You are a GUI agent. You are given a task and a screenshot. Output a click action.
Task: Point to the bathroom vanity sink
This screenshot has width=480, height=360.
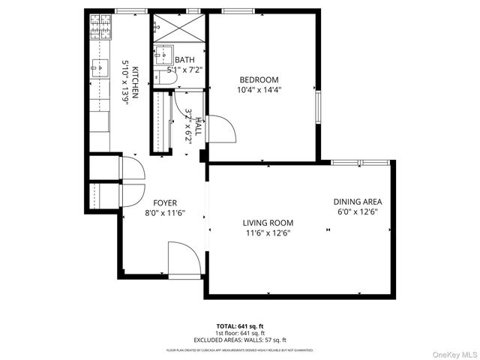(160, 55)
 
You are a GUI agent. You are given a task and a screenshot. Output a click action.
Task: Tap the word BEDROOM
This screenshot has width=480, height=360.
(259, 80)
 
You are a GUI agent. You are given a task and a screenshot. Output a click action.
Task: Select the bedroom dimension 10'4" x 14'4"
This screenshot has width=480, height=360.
(259, 90)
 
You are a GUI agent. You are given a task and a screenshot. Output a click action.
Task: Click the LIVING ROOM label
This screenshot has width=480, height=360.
(268, 223)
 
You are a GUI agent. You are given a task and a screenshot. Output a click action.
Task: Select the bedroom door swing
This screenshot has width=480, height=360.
(222, 129)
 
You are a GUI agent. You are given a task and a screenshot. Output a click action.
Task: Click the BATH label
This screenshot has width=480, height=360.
(184, 60)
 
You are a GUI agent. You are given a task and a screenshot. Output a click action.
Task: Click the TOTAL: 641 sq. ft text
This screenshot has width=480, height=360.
(240, 326)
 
